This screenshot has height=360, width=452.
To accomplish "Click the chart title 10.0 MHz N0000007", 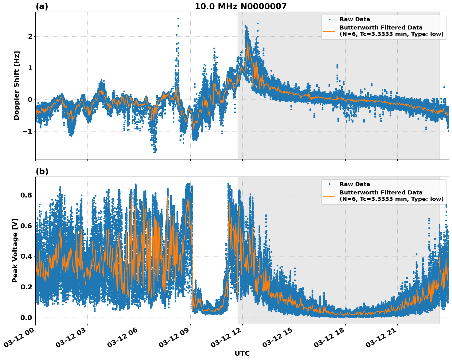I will click(x=240, y=6).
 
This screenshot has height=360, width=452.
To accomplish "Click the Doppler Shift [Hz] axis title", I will click(x=17, y=85).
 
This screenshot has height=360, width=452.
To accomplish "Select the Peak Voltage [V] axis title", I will click(x=15, y=250).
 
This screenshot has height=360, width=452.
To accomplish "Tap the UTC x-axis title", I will click(x=242, y=353).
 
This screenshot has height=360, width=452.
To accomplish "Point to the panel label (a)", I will click(x=42, y=6).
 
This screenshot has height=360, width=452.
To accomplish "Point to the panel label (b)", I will click(x=42, y=171).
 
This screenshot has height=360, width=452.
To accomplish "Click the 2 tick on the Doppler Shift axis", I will click(x=30, y=37).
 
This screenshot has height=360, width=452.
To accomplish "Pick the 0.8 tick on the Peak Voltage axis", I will click(x=26, y=195).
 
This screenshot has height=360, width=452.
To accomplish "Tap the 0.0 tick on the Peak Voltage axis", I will click(x=26, y=318).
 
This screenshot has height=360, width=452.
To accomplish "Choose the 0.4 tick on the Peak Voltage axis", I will click(x=26, y=256).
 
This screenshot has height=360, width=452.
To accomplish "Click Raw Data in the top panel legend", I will click(x=355, y=19).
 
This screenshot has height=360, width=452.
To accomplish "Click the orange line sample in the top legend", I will click(x=329, y=31).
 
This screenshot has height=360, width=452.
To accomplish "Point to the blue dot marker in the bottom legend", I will click(x=329, y=184).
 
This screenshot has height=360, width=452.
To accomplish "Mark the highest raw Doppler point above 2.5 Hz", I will click(x=178, y=18).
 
